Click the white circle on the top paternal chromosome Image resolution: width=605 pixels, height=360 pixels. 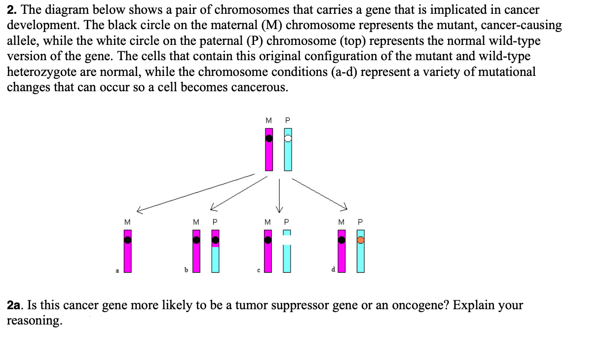coord(288,139)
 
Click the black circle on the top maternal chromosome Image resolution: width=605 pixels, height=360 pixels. coord(268,139)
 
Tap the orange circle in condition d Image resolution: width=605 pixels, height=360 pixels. coord(361,240)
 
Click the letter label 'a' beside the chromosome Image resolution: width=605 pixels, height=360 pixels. coord(117,270)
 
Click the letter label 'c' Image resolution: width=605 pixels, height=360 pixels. coord(258,270)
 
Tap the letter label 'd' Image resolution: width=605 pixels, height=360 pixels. coord(334,269)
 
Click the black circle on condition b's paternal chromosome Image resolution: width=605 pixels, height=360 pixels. coord(216,240)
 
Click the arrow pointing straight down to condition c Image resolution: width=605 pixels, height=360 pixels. coord(279,195)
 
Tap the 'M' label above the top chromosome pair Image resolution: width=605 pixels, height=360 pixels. coord(268,120)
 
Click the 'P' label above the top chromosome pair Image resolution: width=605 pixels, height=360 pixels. coord(288,120)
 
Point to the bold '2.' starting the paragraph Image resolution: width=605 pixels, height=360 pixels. coord(11,9)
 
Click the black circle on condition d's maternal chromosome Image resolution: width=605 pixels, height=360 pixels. coord(341,240)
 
